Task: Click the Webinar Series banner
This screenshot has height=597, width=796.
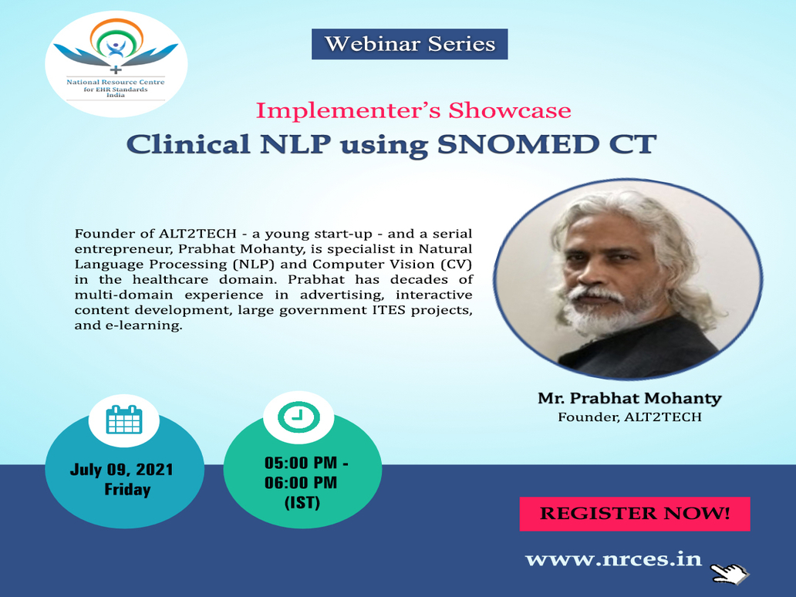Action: (x=409, y=44)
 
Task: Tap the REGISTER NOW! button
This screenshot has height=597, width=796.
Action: (x=635, y=514)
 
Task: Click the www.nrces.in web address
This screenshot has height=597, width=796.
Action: (x=613, y=559)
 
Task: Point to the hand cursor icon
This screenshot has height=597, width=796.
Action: (x=729, y=574)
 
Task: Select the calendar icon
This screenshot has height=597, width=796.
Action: (x=124, y=420)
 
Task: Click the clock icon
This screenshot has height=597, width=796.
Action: (x=298, y=417)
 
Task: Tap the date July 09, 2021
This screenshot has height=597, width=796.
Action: (x=121, y=470)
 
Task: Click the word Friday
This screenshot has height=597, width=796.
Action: (x=127, y=489)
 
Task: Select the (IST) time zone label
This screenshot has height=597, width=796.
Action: (x=302, y=503)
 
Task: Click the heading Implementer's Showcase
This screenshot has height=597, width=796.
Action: (x=413, y=110)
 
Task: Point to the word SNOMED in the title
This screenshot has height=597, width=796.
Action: (x=518, y=144)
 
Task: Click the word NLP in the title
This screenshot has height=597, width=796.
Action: (x=295, y=144)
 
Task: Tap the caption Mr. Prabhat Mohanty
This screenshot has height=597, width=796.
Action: (x=629, y=398)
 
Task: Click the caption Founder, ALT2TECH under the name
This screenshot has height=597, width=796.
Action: (x=629, y=417)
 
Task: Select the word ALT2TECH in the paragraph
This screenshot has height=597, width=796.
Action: (x=197, y=234)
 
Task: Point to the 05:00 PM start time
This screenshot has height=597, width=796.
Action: (x=301, y=463)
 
